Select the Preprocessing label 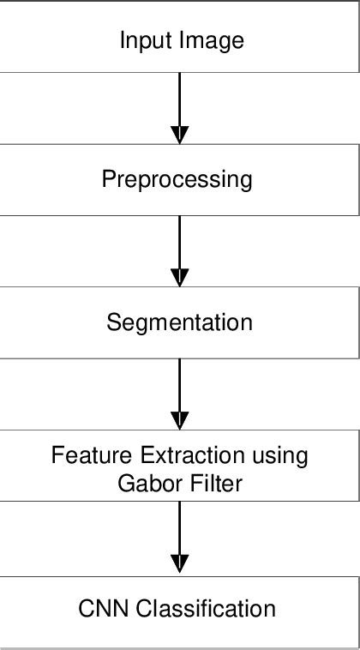tap(177, 180)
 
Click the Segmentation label tap(179, 322)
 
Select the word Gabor tap(145, 483)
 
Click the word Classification tap(205, 609)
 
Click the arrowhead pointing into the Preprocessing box tap(179, 134)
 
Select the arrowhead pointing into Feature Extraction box tap(179, 419)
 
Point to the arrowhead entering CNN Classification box tap(179, 564)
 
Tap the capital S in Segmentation tap(113, 322)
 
